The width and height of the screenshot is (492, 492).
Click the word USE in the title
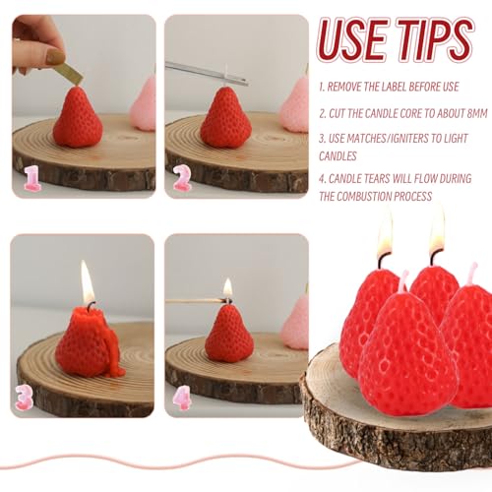pyautogui.click(x=357, y=41)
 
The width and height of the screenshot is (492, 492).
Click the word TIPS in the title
pyautogui.click(x=437, y=41)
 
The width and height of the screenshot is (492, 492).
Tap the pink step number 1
pyautogui.click(x=32, y=178)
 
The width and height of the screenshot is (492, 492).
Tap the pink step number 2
pyautogui.click(x=182, y=178)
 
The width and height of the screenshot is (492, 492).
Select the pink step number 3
pyautogui.click(x=25, y=397)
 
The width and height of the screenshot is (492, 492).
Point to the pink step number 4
pyautogui.click(x=182, y=397)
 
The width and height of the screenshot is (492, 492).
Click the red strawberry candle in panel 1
pyautogui.click(x=77, y=120)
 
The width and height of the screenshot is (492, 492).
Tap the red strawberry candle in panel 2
pyautogui.click(x=226, y=120)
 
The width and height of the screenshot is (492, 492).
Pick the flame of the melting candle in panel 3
pyautogui.click(x=87, y=284)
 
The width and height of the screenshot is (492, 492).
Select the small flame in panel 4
pyautogui.click(x=227, y=288)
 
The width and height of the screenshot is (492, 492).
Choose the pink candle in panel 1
pyautogui.click(x=145, y=104)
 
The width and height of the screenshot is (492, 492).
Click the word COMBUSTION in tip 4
pyautogui.click(x=398, y=196)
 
